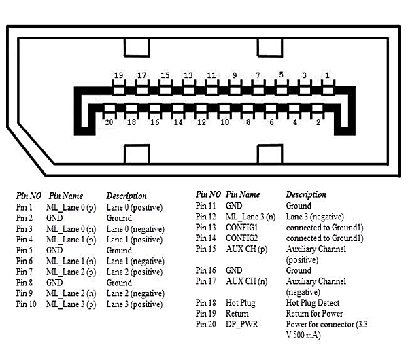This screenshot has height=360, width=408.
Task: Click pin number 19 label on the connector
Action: pos(118,75)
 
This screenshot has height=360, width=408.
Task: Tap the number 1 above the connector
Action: pos(327,75)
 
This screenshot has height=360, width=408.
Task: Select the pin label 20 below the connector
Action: pos(109,122)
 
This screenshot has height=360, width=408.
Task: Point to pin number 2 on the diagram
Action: pos(318,122)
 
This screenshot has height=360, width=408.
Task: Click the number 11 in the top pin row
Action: pos(211,75)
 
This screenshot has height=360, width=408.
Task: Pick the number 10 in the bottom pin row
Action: pos(224,122)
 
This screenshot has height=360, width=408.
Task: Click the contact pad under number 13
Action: pos(188,90)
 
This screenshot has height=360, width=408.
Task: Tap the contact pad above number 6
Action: pos(271,108)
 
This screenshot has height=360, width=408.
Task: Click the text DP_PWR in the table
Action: pos(241,324)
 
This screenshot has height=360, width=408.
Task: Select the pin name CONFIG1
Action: pos(241,227)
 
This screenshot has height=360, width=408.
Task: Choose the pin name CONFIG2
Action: pos(241,238)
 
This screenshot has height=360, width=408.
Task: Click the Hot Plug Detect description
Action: pos(313,303)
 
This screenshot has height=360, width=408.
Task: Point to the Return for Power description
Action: pos(314,314)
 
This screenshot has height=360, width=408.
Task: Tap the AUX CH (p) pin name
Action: pos(246,249)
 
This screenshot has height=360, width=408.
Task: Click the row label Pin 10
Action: pos(26,304)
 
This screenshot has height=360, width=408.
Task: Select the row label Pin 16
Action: pos(205,270)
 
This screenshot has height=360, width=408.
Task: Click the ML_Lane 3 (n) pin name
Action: pos(250,217)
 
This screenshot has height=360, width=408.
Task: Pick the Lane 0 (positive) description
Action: pos(134,207)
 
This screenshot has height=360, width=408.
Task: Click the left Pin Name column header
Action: pos(66,196)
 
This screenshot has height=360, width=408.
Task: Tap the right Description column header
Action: pos(306,195)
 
